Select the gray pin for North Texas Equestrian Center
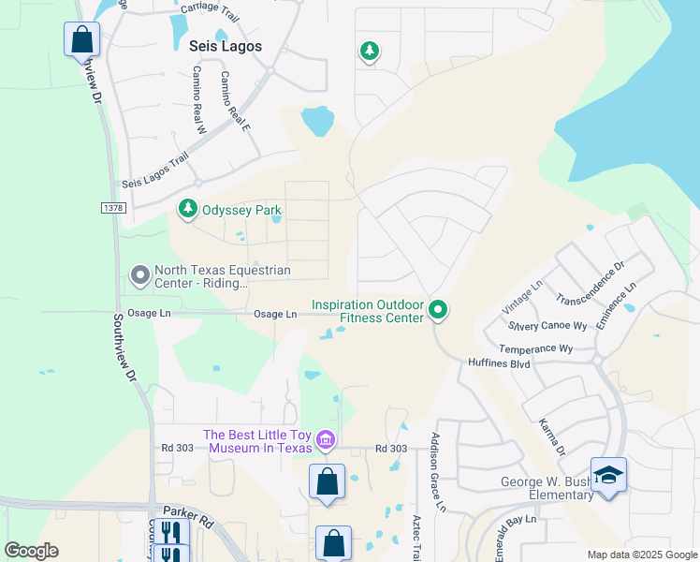pyautogui.click(x=140, y=275)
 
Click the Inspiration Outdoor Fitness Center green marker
pyautogui.click(x=437, y=309)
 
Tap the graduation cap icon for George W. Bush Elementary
pyautogui.click(x=608, y=476)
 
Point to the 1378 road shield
pyautogui.click(x=110, y=206)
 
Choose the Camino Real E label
pyautogui.click(x=235, y=100)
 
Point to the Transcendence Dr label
pyautogui.click(x=589, y=285)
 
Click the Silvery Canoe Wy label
pyautogui.click(x=547, y=327)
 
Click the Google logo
pyautogui.click(x=32, y=551)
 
